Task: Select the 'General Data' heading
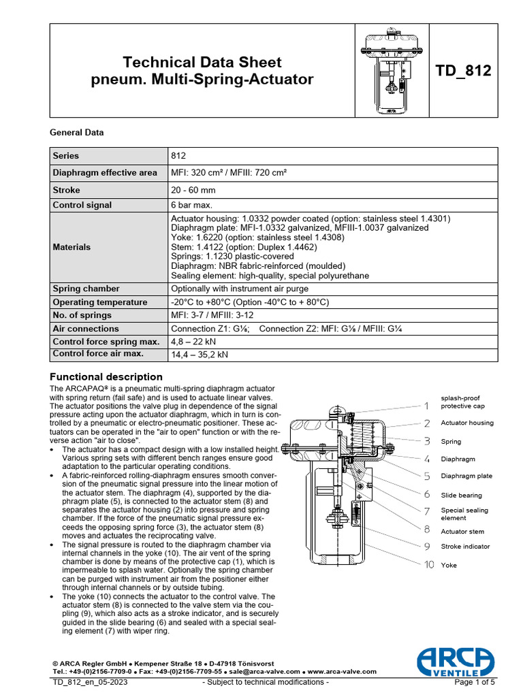(77, 133)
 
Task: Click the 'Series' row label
(67, 155)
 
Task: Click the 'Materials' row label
(72, 247)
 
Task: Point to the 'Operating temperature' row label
(100, 302)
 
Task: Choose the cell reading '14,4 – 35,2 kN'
(200, 355)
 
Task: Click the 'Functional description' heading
(107, 376)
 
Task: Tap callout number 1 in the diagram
(426, 406)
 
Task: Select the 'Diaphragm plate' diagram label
(466, 476)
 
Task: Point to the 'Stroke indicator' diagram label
(465, 546)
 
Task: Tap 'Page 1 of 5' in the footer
(475, 682)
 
